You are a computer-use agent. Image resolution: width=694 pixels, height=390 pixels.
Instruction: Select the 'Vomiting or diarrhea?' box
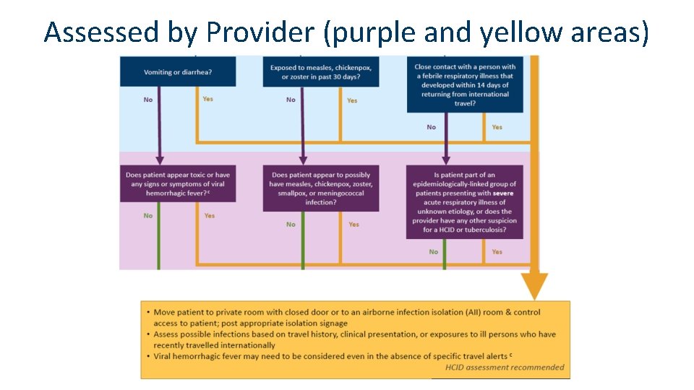click(x=178, y=72)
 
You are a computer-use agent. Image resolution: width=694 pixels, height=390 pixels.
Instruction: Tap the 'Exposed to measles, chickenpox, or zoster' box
click(x=320, y=72)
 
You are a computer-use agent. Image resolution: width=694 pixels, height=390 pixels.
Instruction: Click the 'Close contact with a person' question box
click(x=464, y=84)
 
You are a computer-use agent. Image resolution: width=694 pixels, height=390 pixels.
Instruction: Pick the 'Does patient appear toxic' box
click(x=178, y=184)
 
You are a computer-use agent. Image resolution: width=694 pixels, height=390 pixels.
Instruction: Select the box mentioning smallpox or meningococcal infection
click(x=320, y=188)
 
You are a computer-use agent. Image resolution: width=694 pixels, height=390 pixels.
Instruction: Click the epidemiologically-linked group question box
click(x=464, y=202)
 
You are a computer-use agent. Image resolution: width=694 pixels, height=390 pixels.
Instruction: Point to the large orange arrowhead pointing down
click(x=534, y=287)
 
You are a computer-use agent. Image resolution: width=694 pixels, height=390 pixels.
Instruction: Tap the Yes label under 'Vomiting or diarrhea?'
click(x=208, y=99)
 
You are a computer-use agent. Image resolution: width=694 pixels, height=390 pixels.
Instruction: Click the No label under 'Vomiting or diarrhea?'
click(x=148, y=100)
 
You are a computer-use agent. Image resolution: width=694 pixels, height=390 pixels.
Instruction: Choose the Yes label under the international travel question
click(x=497, y=127)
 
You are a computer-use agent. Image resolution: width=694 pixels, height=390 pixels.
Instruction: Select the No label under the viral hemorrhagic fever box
click(x=148, y=215)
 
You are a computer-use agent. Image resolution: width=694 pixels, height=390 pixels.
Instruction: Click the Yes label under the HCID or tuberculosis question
click(x=497, y=252)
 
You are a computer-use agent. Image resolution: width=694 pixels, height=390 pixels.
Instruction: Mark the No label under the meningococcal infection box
click(x=291, y=225)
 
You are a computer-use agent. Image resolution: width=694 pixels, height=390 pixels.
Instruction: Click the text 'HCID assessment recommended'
click(x=505, y=368)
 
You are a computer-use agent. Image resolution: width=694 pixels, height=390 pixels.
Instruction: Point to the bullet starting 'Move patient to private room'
click(x=347, y=317)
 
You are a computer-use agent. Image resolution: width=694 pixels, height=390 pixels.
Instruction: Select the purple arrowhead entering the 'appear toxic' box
click(x=160, y=160)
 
